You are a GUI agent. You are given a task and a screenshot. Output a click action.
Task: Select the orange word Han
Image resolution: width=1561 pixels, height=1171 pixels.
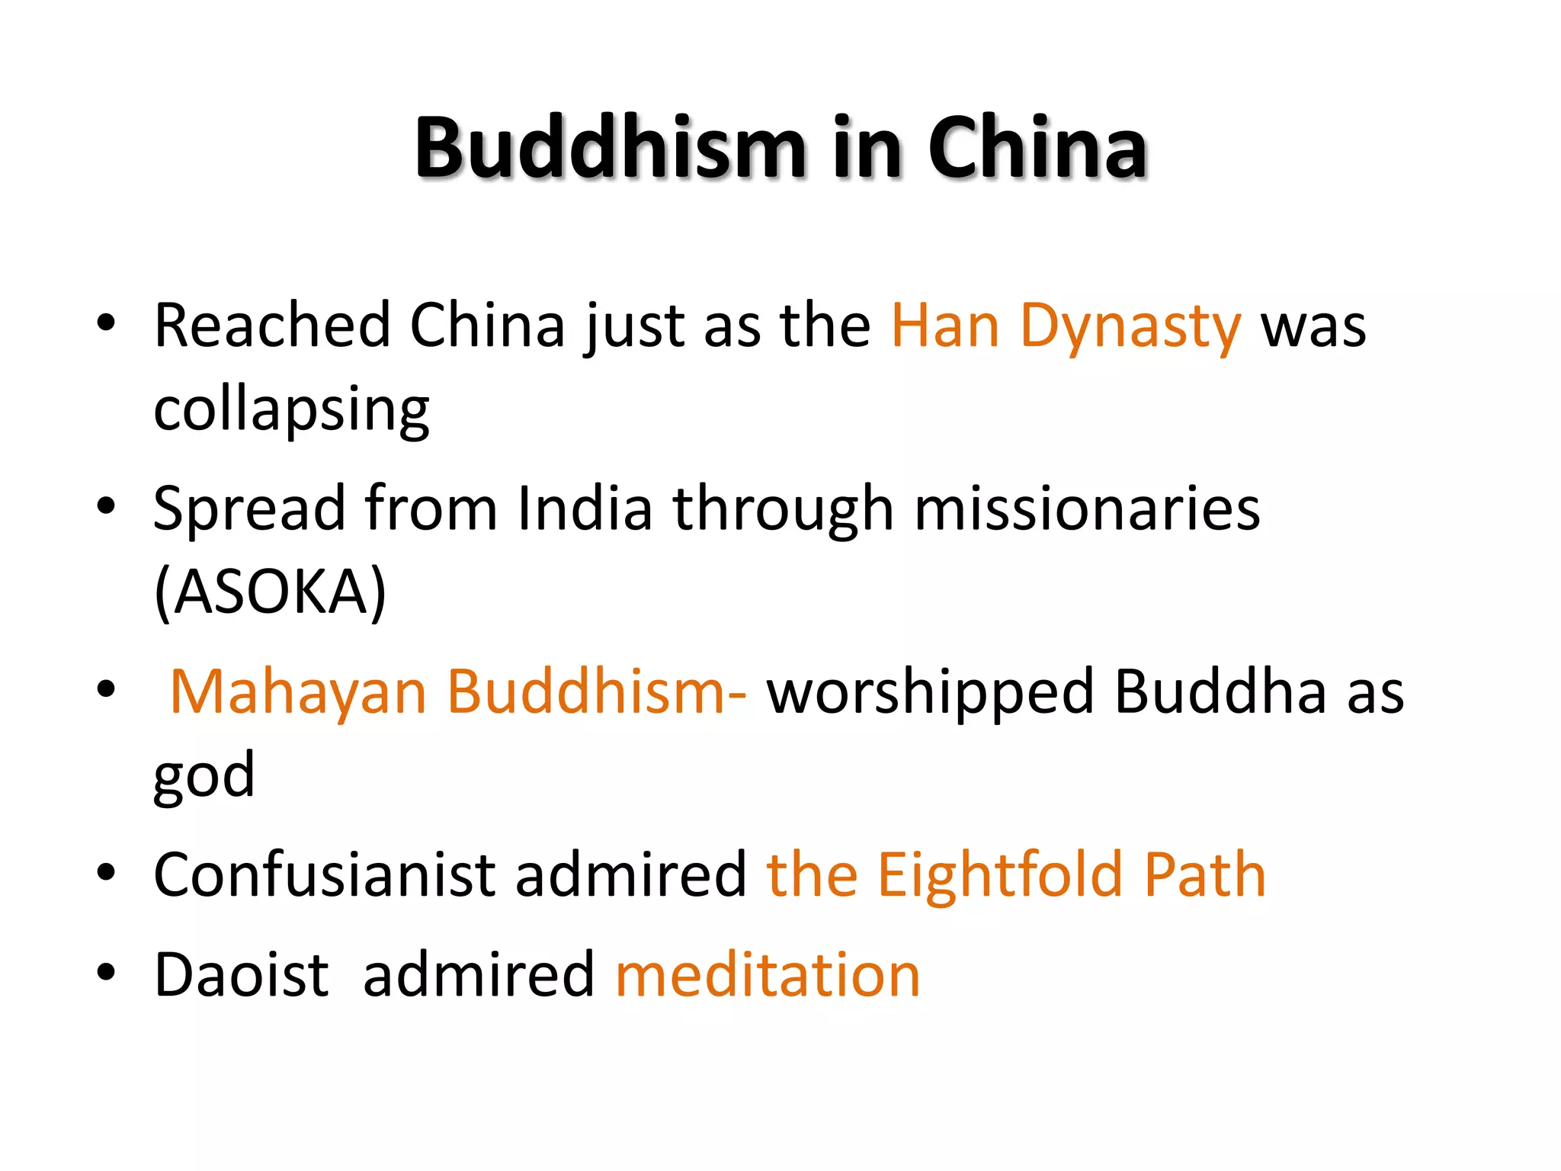[945, 326]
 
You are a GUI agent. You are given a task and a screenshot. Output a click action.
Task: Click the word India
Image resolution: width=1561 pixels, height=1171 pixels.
[585, 509]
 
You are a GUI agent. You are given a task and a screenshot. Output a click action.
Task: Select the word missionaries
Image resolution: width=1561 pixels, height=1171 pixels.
[1087, 509]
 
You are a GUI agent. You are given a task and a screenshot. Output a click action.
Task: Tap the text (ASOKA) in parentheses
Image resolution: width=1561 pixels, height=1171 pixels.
[270, 592]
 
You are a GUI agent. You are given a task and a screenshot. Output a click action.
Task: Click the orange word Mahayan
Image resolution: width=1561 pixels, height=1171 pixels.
[298, 692]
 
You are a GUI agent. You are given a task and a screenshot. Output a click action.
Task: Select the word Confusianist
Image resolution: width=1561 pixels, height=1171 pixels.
[325, 874]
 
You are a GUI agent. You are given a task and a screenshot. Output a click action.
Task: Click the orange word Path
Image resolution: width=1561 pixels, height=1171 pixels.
[1205, 874]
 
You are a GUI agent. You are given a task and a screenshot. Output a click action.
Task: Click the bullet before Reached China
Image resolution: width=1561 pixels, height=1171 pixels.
[106, 323]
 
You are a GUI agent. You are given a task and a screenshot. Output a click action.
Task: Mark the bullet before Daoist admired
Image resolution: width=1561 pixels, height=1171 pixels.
[106, 972]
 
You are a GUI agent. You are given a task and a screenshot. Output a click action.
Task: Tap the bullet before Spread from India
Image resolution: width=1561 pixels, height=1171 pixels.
[106, 505]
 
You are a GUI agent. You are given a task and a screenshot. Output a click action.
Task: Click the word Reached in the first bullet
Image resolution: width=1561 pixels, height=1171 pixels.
[272, 326]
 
